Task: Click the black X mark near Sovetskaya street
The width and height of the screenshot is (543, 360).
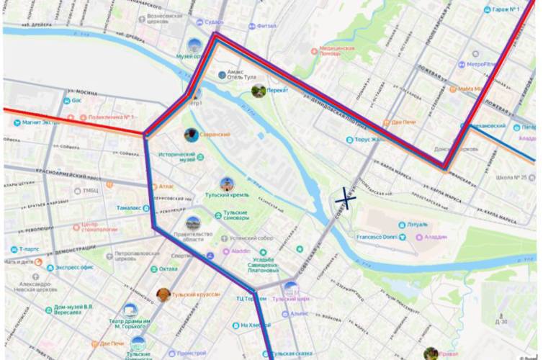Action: pyautogui.click(x=346, y=198)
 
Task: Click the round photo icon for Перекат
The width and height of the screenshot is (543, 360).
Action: pyautogui.click(x=258, y=90)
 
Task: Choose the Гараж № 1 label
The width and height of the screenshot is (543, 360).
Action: pyautogui.click(x=506, y=10)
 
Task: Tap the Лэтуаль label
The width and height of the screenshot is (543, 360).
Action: pyautogui.click(x=418, y=225)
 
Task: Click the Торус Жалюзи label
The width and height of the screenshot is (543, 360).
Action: pyautogui.click(x=370, y=140)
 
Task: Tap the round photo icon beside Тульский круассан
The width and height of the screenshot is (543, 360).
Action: pyautogui.click(x=164, y=294)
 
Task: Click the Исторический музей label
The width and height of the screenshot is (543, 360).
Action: pyautogui.click(x=176, y=158)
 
